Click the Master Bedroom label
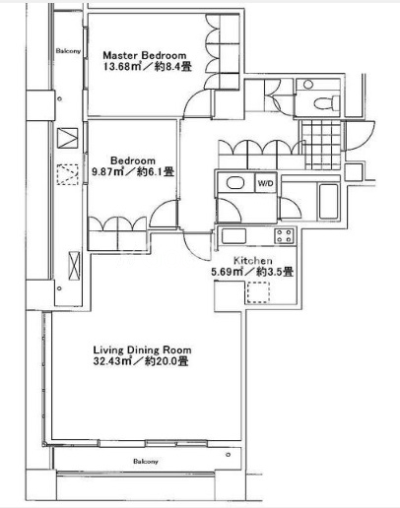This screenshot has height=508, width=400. [x=145, y=55]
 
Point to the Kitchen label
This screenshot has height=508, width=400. [x=252, y=261]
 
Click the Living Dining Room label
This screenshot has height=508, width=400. [x=142, y=349]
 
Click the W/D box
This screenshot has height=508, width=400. [x=265, y=183]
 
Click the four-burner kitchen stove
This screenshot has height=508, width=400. [x=284, y=236]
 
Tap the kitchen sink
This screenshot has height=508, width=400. [x=233, y=236]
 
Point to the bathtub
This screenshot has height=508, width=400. [x=328, y=202]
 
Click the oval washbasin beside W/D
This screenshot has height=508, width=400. [x=235, y=183]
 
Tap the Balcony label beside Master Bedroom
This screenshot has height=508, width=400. [x=68, y=51]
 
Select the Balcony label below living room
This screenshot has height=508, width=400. [x=146, y=461]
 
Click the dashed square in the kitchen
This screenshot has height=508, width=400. [x=258, y=291]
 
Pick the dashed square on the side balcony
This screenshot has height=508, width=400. [x=68, y=174]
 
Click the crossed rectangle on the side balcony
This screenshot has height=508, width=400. [x=74, y=266]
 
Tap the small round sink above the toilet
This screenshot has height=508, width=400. [x=308, y=85]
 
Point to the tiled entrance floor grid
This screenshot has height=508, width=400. [x=322, y=145]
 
